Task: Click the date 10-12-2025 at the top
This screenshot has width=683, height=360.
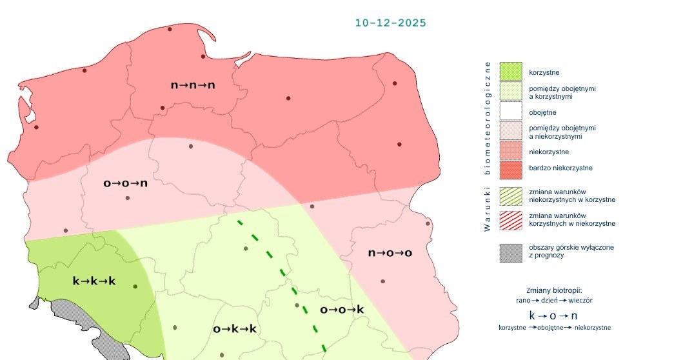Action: [390, 23]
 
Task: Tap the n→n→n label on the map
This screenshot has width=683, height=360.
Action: [193, 85]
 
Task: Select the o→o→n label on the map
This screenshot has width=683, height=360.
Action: [126, 183]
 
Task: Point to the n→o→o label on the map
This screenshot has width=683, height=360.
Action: [390, 252]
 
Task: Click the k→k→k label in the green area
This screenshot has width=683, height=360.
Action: [94, 281]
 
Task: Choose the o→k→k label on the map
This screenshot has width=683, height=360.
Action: [235, 329]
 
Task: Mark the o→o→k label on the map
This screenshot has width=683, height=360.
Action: [342, 310]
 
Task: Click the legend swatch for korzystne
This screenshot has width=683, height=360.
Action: [511, 72]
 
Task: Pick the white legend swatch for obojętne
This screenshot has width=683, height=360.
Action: [511, 112]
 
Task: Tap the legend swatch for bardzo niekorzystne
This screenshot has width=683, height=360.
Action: [511, 168]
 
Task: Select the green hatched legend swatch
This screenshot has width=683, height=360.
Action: [511, 195]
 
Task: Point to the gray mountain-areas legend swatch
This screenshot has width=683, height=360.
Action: [511, 252]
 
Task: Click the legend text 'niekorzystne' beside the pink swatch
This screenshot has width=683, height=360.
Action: [549, 152]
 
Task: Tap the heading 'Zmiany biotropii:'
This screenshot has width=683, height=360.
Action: [554, 290]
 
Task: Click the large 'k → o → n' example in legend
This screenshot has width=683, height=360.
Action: [553, 315]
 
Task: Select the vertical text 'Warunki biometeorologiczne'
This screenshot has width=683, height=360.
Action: [488, 146]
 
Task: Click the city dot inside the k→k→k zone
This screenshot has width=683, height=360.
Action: [135, 286]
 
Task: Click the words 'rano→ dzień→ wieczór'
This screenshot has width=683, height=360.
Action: [554, 301]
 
